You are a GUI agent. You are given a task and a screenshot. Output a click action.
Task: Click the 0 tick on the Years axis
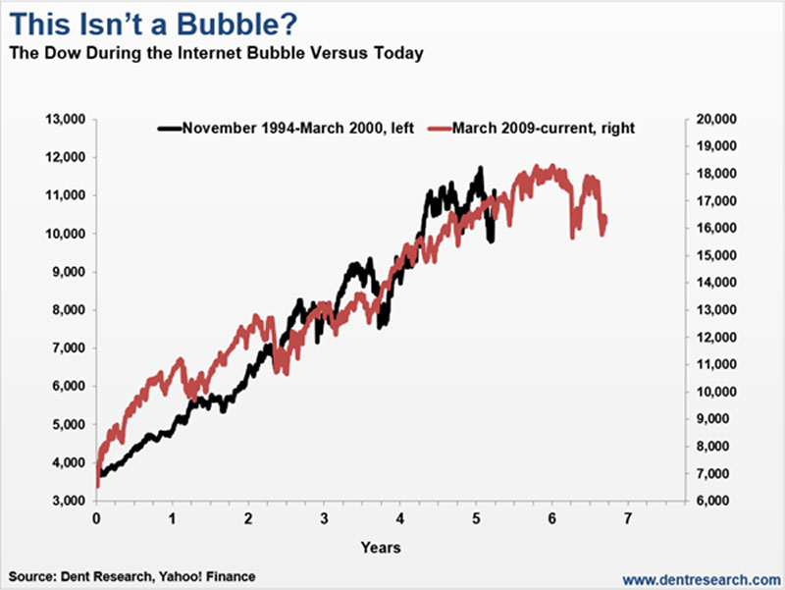[x=96, y=516]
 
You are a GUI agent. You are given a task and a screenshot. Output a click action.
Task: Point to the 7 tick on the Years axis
[x=628, y=516]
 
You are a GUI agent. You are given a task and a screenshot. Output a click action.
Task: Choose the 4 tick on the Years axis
[x=400, y=516]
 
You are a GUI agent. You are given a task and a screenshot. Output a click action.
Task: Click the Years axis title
[x=380, y=546]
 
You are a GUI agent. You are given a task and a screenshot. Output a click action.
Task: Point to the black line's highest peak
[x=480, y=169]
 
